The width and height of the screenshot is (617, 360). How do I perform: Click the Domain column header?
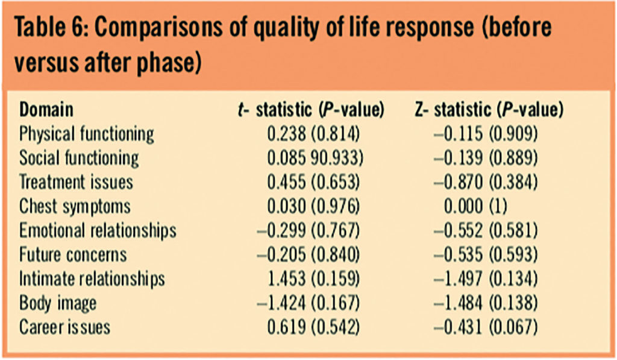46,110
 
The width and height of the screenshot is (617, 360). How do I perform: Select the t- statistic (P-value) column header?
311,110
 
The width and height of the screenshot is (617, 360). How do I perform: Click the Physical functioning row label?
87,133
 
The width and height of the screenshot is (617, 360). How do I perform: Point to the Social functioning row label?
79,158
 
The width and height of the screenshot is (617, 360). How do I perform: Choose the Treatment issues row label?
76,182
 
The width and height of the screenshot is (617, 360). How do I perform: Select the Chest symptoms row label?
75,206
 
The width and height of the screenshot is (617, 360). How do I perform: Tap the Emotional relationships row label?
98,230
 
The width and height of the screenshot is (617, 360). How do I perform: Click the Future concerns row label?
73,254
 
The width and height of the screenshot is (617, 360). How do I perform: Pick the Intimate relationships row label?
92,279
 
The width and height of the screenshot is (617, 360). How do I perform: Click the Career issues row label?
65,327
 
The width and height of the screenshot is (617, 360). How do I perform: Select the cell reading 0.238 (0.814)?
313,133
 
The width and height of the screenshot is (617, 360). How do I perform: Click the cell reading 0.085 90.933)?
313,158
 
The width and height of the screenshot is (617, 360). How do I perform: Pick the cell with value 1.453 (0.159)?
313,279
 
